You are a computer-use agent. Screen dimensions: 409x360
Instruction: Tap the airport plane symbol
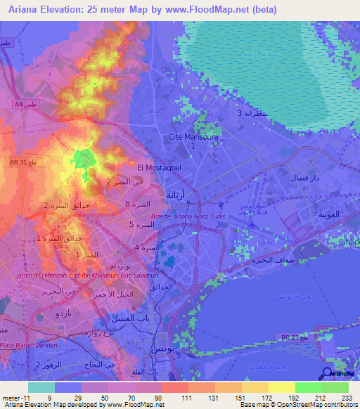pyautogui.click(x=253, y=223)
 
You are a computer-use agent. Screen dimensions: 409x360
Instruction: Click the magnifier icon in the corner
pyautogui.click(x=326, y=374)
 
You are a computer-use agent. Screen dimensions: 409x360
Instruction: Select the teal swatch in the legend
pyautogui.click(x=41, y=387)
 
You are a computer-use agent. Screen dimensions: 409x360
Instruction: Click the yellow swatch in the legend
pyautogui.click(x=281, y=387)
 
